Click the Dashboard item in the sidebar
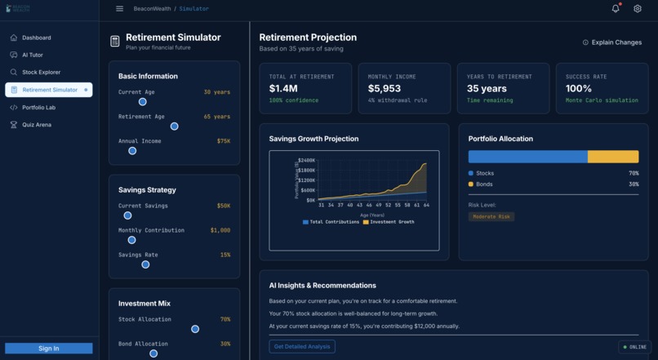tap(36, 38)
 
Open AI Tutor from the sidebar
tap(33, 55)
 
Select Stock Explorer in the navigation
tap(41, 73)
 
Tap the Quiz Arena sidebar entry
tap(36, 125)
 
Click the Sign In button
tap(48, 349)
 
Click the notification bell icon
tap(616, 9)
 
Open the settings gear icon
tap(638, 9)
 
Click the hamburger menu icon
tap(119, 9)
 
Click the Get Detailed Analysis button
tap(302, 347)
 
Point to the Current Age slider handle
tap(143, 102)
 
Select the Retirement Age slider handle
tap(174, 127)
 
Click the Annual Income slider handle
tap(132, 151)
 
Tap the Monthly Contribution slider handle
tap(131, 240)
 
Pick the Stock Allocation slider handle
tap(195, 329)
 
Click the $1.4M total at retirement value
tap(283, 88)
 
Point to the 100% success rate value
tap(579, 88)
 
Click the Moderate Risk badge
tap(491, 217)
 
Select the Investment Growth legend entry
tap(389, 222)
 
